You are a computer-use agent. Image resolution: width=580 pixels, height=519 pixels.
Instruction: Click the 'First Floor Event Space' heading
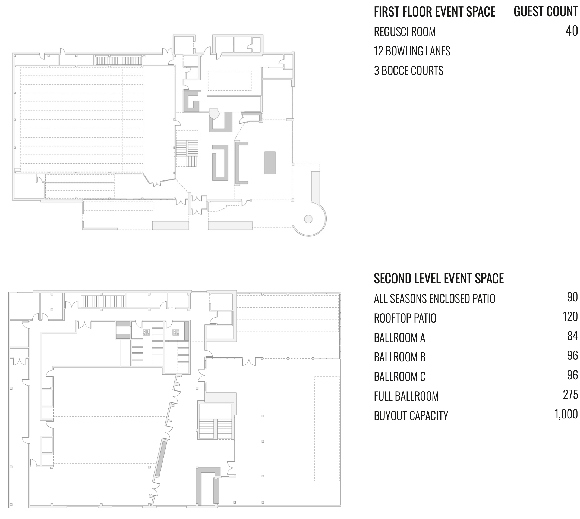coord(435,12)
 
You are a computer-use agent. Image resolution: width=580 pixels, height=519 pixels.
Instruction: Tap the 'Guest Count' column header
coord(546,12)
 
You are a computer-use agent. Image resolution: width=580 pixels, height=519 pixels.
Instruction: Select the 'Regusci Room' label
coord(405,32)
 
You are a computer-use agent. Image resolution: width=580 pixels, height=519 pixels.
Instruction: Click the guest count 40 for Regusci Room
coord(572,31)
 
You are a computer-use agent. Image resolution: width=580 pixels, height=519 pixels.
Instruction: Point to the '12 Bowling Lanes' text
coord(412,51)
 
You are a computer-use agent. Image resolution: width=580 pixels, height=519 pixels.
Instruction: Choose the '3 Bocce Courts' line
coord(408,71)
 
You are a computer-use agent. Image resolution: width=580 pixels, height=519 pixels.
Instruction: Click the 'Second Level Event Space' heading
coord(439,279)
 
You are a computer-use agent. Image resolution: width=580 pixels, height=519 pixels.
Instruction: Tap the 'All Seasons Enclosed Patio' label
coord(434,299)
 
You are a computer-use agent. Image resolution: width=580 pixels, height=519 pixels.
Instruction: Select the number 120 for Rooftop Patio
coord(570,317)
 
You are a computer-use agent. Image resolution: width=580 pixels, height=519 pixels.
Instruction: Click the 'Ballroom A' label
coord(400,338)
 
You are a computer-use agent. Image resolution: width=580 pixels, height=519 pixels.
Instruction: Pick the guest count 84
coord(572,336)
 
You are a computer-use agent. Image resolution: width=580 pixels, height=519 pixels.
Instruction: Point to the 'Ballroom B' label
coord(400,357)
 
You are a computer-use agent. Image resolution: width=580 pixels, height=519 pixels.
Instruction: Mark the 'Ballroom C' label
coord(400,377)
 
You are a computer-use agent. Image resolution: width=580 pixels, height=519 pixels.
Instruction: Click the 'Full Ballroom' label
coord(406,396)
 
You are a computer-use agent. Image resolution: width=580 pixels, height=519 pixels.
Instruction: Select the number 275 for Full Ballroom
coord(570,395)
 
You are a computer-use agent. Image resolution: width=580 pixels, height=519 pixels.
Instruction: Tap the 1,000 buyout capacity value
coord(566,415)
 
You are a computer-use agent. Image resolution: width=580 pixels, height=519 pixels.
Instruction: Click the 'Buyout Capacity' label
coord(411,416)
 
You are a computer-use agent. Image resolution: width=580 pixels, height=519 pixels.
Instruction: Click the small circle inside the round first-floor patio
coord(308,219)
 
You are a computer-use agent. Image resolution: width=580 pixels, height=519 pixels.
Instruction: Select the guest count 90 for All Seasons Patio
coord(572,297)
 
